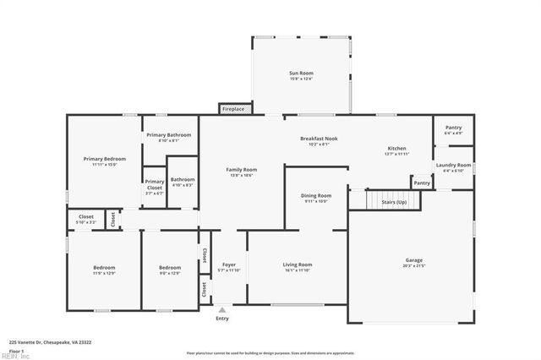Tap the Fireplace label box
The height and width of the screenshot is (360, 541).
[x=233, y=109]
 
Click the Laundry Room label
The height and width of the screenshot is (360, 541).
[x=453, y=166]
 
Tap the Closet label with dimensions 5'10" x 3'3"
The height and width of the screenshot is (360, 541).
[x=86, y=219]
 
